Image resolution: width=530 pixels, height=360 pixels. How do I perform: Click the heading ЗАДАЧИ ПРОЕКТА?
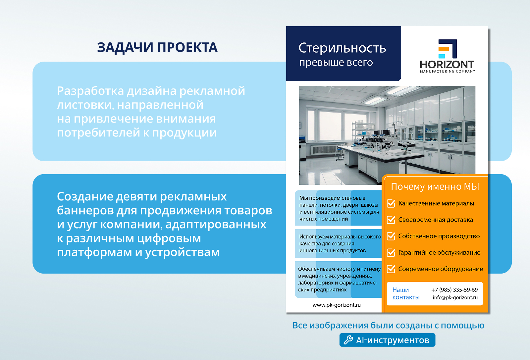(157, 47)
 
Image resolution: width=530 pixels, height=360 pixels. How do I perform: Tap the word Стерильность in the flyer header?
(342, 48)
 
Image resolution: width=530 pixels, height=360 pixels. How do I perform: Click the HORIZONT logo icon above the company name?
(448, 49)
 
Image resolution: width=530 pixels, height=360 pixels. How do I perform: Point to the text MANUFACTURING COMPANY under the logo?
(448, 72)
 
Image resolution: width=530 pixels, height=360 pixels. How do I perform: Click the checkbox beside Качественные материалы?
(391, 203)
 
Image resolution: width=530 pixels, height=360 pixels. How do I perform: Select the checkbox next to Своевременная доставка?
(391, 220)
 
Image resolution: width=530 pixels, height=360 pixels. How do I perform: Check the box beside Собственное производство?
(391, 236)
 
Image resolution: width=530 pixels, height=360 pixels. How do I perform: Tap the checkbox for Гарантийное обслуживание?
(391, 252)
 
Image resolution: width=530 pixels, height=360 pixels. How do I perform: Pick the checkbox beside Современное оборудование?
(391, 269)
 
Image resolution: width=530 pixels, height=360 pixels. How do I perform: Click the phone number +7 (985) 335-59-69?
(454, 290)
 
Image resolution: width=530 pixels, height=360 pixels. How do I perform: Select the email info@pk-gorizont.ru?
(455, 297)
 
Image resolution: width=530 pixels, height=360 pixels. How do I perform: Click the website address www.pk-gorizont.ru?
(337, 305)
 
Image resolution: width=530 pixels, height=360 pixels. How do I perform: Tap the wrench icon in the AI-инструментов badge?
(348, 340)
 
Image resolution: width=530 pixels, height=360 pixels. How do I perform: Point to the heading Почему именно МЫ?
(435, 186)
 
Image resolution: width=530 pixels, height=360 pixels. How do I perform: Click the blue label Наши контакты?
(406, 293)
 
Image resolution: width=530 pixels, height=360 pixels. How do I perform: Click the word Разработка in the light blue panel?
(90, 91)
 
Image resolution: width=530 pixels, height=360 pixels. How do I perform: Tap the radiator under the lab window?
(325, 149)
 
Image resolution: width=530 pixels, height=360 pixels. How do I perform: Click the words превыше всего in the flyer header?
(336, 63)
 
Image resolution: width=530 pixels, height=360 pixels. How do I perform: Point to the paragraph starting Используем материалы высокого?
(340, 243)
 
